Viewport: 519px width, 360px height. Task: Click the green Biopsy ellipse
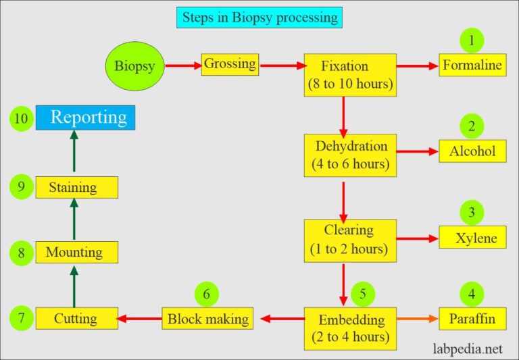point(135,66)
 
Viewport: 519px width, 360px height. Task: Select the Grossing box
point(230,65)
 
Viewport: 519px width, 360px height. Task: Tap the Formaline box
point(472,66)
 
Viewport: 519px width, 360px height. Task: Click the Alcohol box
point(472,151)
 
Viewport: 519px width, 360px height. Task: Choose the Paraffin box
point(472,317)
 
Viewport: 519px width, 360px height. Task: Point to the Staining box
point(76,187)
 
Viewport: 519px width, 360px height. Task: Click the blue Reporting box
point(86,118)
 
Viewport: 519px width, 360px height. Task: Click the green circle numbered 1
point(472,40)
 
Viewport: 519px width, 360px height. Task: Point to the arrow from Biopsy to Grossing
point(183,66)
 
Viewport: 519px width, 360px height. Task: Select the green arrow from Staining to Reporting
point(74,153)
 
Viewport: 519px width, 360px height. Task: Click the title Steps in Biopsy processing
point(259,17)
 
